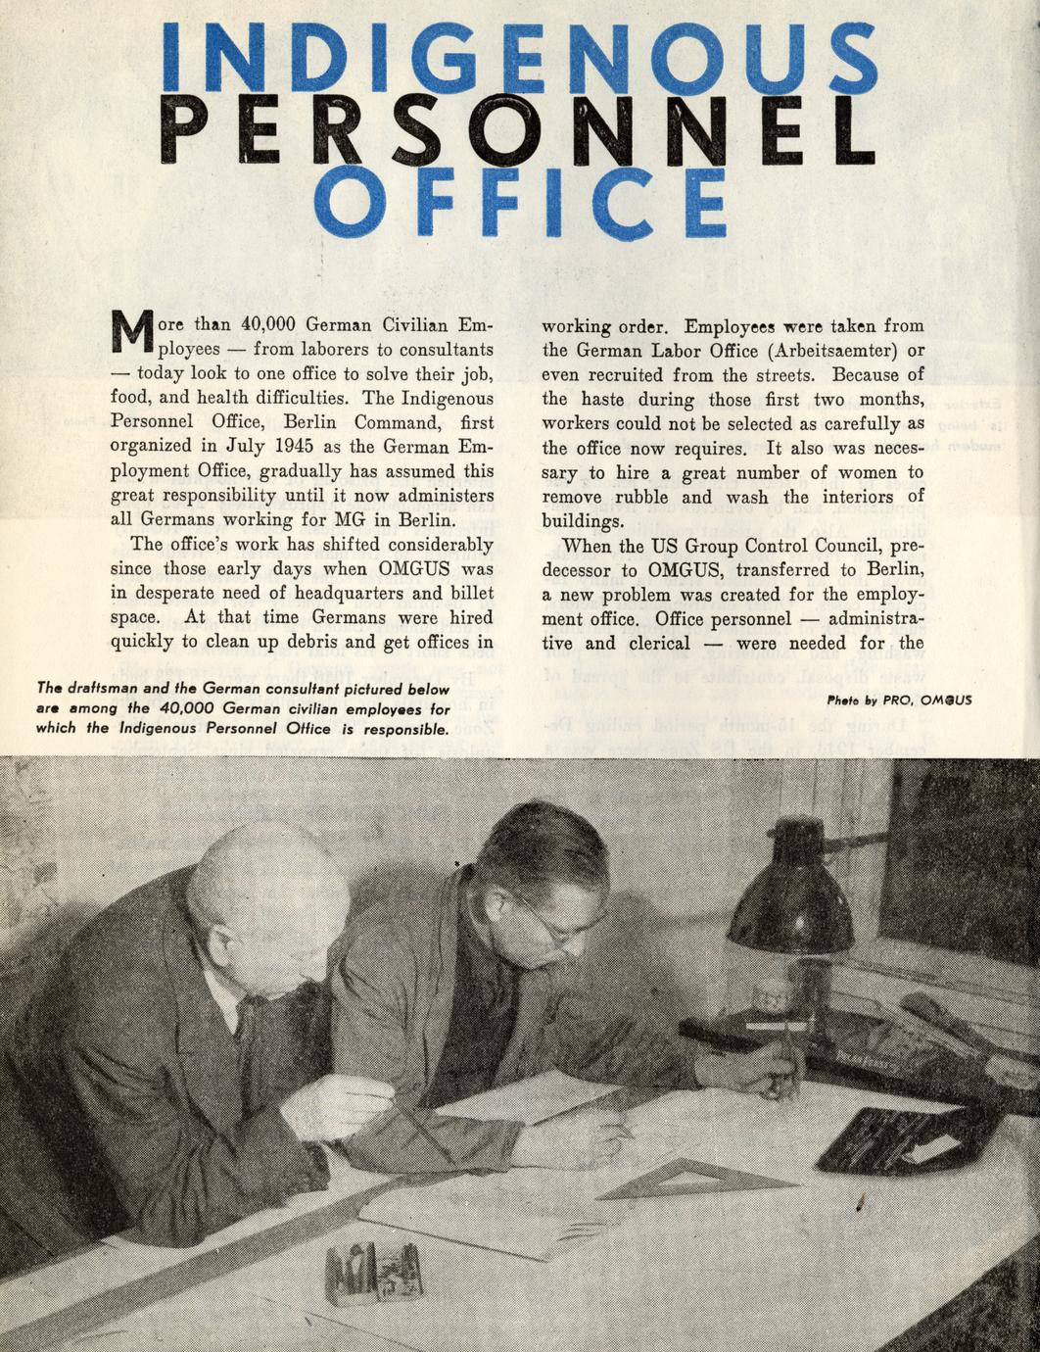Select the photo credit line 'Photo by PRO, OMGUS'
[899, 700]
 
